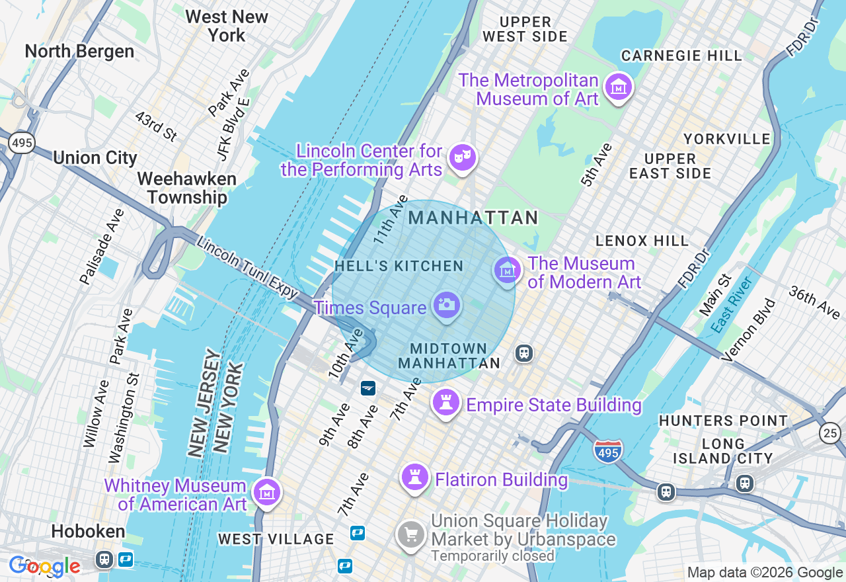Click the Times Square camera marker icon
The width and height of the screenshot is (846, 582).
[447, 304]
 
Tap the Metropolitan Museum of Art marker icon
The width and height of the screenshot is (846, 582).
[619, 86]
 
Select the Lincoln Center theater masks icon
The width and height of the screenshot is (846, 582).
[462, 157]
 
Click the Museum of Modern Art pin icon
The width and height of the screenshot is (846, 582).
[507, 270]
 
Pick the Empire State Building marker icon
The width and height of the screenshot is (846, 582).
[445, 401]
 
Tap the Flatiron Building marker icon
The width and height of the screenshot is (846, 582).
[415, 477]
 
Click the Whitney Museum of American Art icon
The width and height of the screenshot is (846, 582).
[267, 492]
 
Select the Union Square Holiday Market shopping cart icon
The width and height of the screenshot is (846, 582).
[410, 534]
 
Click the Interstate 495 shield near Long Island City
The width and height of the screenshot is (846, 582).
[607, 451]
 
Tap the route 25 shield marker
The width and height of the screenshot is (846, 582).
[830, 433]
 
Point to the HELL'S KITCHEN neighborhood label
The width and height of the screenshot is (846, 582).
[399, 266]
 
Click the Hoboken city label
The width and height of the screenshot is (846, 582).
[88, 531]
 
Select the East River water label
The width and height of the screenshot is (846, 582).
[732, 305]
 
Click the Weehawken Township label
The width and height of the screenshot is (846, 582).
[187, 188]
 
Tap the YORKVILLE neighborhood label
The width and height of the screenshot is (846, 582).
[727, 139]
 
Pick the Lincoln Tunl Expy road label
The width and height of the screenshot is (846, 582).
[248, 268]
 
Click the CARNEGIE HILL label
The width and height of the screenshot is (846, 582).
[681, 56]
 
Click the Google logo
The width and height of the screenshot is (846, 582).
[44, 566]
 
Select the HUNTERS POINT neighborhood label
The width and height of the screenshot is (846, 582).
[723, 421]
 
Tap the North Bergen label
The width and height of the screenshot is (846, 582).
[79, 51]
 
